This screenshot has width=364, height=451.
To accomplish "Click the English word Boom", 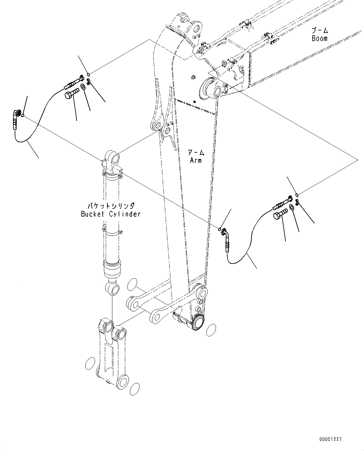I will [x=319, y=38].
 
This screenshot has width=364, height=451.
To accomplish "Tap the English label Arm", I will [x=196, y=160].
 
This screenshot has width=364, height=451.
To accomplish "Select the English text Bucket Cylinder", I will [x=111, y=214].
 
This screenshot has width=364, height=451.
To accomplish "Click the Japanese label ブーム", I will [x=320, y=30].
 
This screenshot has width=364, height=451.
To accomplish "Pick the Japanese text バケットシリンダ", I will [x=111, y=206].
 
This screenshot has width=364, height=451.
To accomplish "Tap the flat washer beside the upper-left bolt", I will [x=83, y=87].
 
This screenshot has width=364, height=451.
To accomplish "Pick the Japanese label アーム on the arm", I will [x=196, y=153].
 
